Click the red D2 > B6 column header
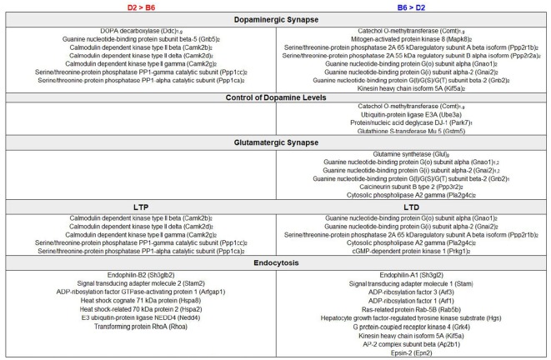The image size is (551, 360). coord(139,7)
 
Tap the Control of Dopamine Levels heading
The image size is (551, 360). coord(276,98)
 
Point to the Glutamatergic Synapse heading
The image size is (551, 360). coord(276,141)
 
